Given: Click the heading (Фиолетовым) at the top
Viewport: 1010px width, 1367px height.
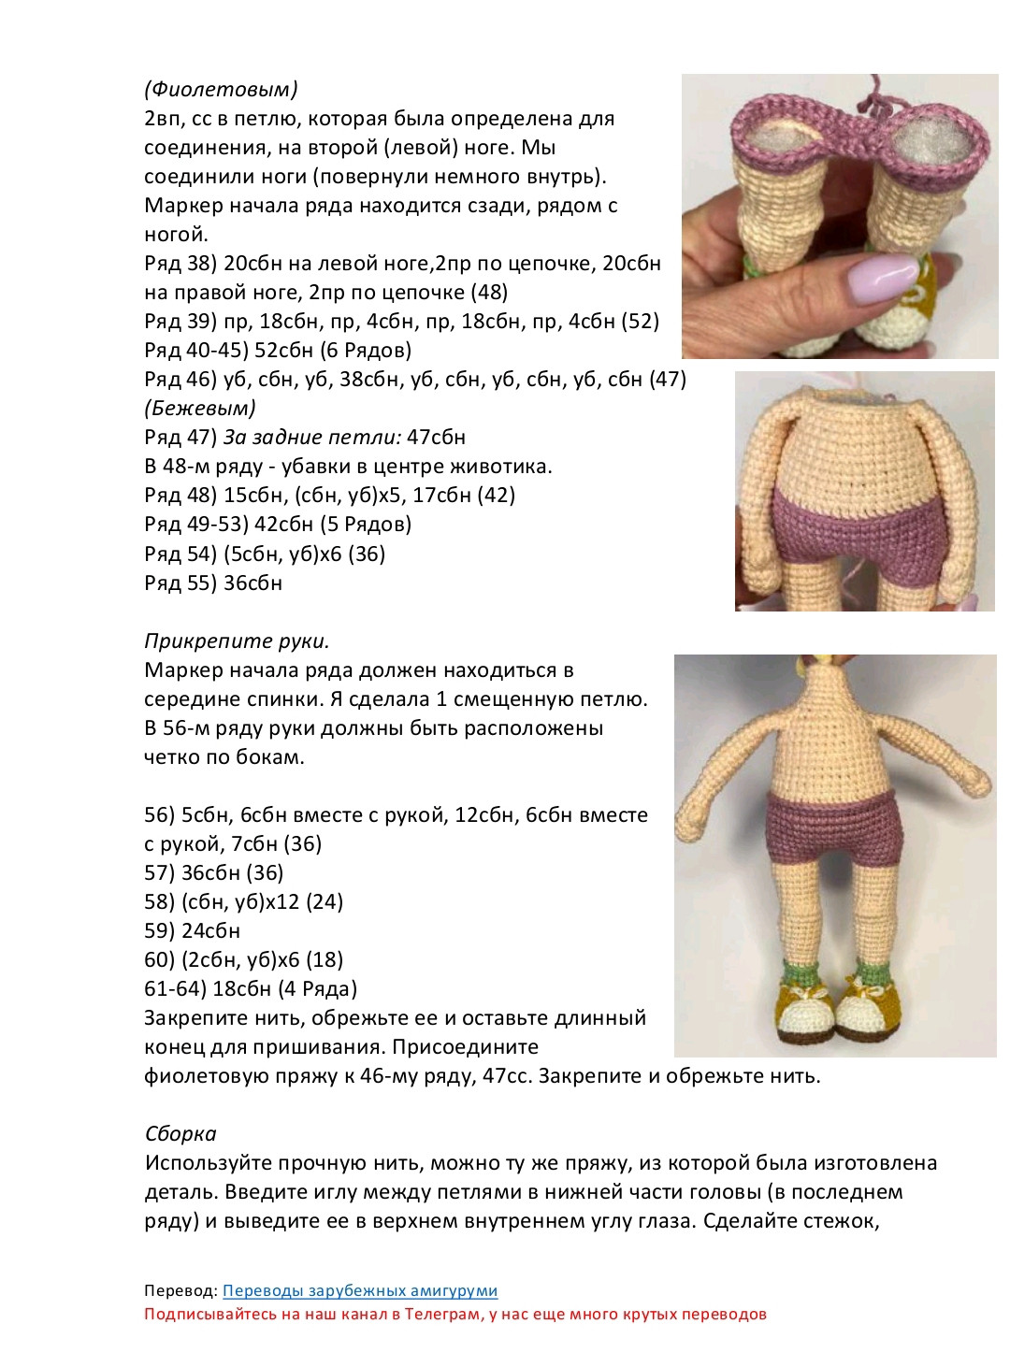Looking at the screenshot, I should tap(221, 89).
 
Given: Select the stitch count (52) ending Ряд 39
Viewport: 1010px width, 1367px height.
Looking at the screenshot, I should tap(640, 321).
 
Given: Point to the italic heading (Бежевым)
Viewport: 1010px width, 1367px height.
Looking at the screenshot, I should tap(200, 408).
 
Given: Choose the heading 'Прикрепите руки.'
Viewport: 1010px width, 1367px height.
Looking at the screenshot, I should tap(237, 641).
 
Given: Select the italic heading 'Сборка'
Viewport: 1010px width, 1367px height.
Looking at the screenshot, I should tap(180, 1133).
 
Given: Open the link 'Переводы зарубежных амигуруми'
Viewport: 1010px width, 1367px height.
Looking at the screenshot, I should tap(360, 1290).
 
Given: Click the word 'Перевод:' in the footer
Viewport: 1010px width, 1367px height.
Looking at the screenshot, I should tap(180, 1290).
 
